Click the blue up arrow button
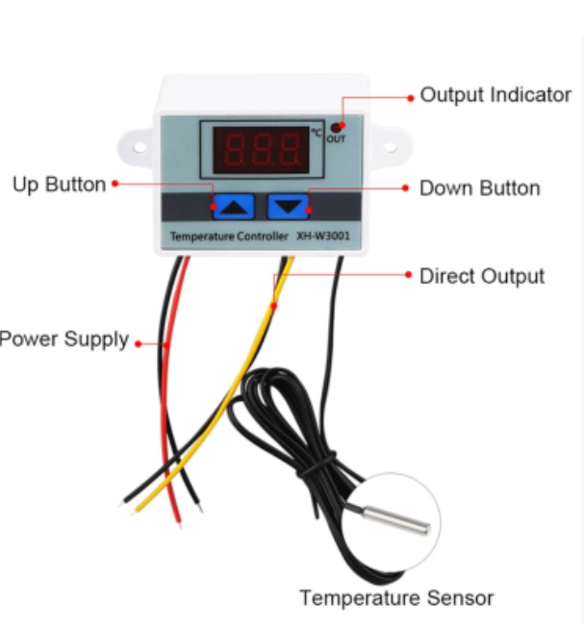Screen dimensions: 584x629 (234, 207)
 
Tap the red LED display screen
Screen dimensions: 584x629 (261, 150)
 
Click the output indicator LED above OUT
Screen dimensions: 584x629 (336, 128)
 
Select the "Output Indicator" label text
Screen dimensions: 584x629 (495, 95)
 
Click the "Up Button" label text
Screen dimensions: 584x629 (60, 185)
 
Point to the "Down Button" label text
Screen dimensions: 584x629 (480, 189)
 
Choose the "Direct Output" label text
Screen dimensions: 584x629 (482, 276)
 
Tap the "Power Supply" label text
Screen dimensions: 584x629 (63, 340)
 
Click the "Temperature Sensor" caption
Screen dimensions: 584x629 (396, 598)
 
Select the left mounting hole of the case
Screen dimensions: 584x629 (139, 147)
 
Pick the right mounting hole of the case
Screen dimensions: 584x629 (391, 147)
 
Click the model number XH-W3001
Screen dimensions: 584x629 (323, 236)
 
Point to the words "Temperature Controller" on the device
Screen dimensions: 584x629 (229, 237)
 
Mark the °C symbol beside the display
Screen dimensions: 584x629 (317, 132)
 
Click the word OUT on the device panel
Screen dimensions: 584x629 (336, 139)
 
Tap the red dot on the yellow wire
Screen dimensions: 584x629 (274, 306)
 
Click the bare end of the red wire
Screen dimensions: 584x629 (179, 523)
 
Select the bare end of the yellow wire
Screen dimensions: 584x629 (134, 512)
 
